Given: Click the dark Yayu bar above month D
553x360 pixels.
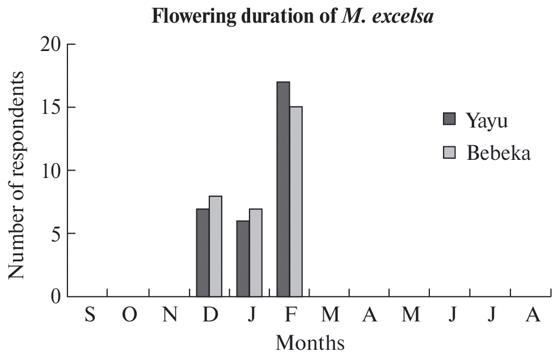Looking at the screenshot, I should [x=202, y=252].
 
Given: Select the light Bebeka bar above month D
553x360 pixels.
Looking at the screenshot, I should [x=216, y=246].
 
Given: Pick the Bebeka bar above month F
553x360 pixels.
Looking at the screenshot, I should [x=296, y=201].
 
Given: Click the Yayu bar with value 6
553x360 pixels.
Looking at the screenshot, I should [x=243, y=259].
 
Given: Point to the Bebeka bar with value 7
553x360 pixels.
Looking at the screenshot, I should [x=256, y=252].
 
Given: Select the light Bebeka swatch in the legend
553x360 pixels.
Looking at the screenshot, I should [x=449, y=152].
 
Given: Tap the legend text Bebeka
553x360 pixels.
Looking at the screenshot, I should [x=499, y=153].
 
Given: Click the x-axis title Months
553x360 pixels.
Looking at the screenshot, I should [x=310, y=342].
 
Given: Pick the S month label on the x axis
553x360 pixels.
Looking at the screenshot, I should [x=90, y=314].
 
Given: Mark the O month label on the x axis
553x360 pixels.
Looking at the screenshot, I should [x=129, y=314].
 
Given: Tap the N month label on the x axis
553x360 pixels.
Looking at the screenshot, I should [x=170, y=314].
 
